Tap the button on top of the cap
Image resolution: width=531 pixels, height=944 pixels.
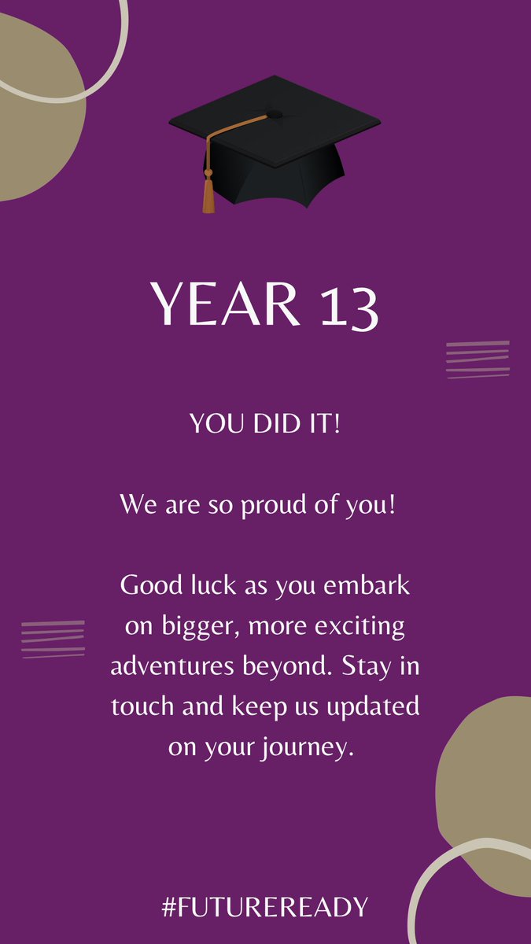(x=273, y=113)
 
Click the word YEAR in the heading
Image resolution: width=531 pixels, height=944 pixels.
(x=225, y=304)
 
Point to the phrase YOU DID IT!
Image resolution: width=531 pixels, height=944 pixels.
(x=265, y=426)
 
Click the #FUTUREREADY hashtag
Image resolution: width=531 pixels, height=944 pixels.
(x=265, y=907)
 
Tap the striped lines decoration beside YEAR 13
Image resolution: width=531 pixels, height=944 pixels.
(x=478, y=360)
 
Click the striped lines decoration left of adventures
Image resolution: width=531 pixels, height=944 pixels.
(x=53, y=639)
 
